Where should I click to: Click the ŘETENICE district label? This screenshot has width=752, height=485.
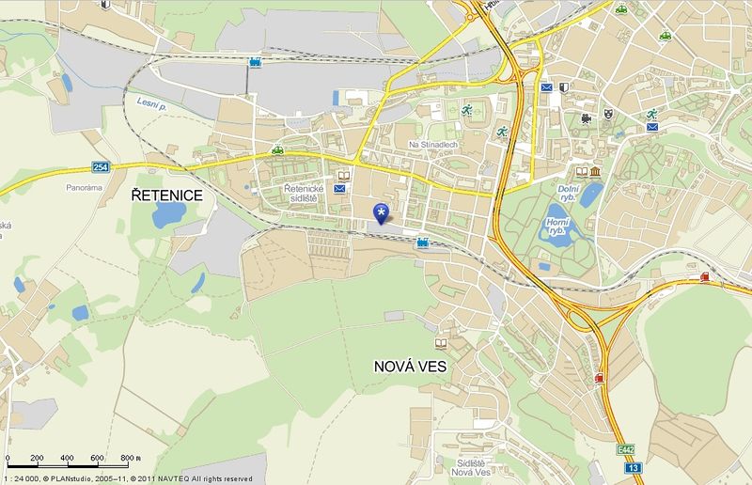pos(166,194)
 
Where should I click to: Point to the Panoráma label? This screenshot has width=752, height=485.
pos(84,188)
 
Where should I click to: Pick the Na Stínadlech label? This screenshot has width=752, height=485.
pos(432,145)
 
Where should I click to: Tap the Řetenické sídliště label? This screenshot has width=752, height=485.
pos(304,194)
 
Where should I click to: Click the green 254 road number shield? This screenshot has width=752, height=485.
pos(102,166)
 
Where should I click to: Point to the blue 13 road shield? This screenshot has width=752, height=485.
pos(634,467)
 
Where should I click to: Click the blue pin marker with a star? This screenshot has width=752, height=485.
pos(381,213)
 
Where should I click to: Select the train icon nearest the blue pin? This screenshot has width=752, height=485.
pos(423,242)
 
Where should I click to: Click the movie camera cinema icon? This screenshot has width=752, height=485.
pos(587,119)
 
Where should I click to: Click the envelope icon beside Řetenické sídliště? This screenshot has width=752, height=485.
pos(339,189)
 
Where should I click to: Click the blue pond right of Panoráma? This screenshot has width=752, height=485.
pos(168,214)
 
